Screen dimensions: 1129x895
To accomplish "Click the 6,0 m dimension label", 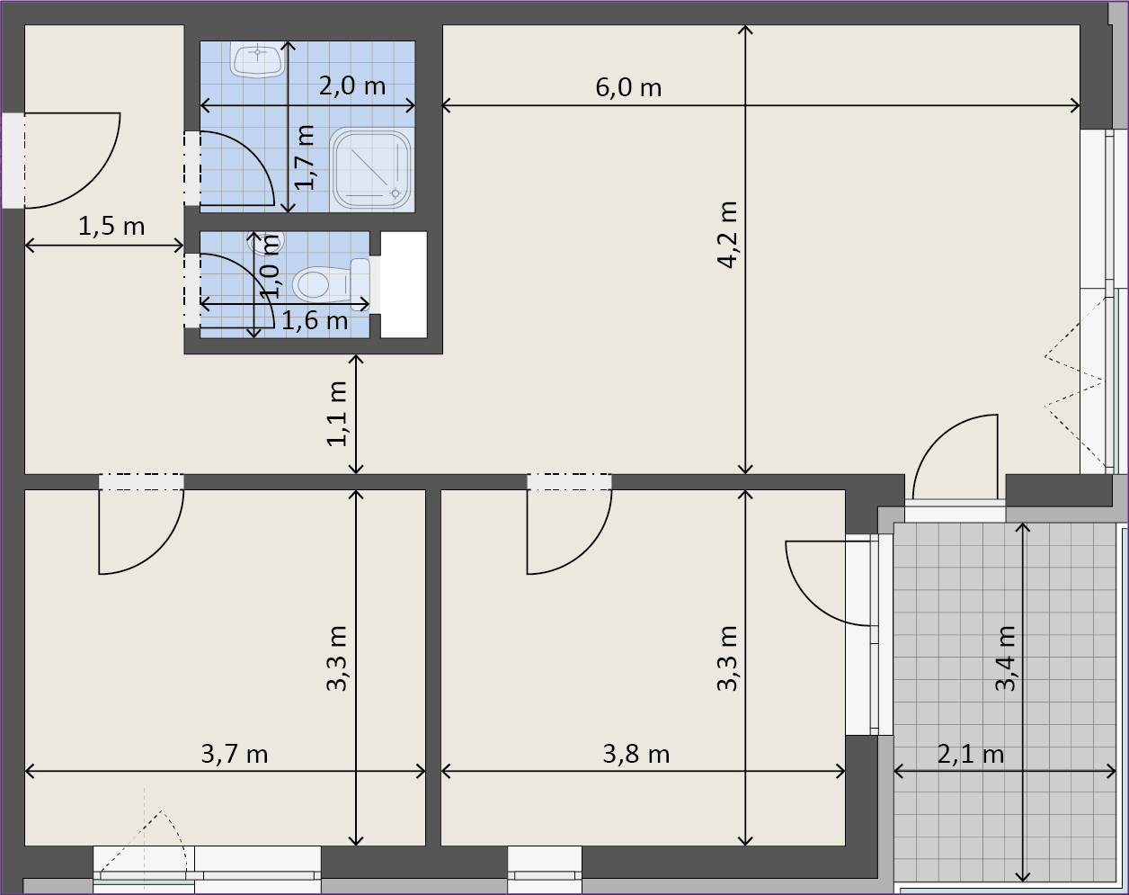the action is pos(628,87).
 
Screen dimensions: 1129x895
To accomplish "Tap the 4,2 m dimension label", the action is pos(728,235).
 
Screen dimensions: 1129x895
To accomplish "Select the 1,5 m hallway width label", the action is pos(111,227).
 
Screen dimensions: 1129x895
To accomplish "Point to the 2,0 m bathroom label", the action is pos(352,85).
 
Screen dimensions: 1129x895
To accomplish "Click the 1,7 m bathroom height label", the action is pos(305,157).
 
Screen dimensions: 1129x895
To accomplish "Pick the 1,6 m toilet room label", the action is pos(315,320).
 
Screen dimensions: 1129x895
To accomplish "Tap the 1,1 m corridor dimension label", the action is pos(337,414).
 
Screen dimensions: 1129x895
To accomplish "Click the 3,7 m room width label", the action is pos(235,755).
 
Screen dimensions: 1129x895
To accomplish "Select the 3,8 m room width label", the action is pos(636,755).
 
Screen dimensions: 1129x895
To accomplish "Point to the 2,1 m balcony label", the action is pos(971,755).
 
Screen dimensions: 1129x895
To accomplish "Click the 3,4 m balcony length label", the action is pos(1006,658).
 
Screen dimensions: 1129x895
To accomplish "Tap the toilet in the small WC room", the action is pos(331,284).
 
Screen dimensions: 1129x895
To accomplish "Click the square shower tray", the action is pos(372,169).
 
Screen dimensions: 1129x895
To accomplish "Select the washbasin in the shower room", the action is pos(257,60).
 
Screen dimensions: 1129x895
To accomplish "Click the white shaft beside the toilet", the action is pos(404,284).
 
